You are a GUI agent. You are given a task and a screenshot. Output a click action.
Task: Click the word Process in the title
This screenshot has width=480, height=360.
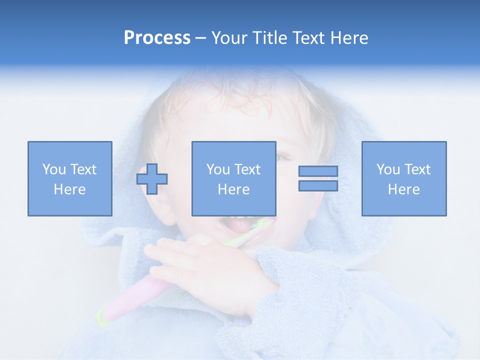157,38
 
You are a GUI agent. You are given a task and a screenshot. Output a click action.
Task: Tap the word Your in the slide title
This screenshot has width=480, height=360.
231,38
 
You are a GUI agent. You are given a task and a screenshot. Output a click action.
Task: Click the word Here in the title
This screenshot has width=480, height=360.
348,38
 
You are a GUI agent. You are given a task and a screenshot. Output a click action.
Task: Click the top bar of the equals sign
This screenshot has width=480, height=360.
318,171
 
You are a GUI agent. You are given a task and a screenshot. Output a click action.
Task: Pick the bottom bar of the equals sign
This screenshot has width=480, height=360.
318,185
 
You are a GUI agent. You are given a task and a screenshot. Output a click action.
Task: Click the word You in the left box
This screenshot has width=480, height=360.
53,169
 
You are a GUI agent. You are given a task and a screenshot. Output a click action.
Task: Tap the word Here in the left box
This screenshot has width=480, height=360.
69,189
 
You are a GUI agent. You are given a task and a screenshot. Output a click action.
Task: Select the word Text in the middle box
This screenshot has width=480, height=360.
247,169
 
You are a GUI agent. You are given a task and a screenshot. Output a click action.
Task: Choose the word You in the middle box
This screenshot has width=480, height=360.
217,169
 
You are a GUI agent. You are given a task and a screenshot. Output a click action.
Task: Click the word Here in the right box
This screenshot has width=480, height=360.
403,189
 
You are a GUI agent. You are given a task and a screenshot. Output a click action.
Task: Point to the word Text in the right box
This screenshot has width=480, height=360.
417,169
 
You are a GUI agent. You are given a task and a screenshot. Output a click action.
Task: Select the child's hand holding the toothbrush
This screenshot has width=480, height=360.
210,270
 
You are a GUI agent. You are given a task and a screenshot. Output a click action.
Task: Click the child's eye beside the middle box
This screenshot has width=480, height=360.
283,156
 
